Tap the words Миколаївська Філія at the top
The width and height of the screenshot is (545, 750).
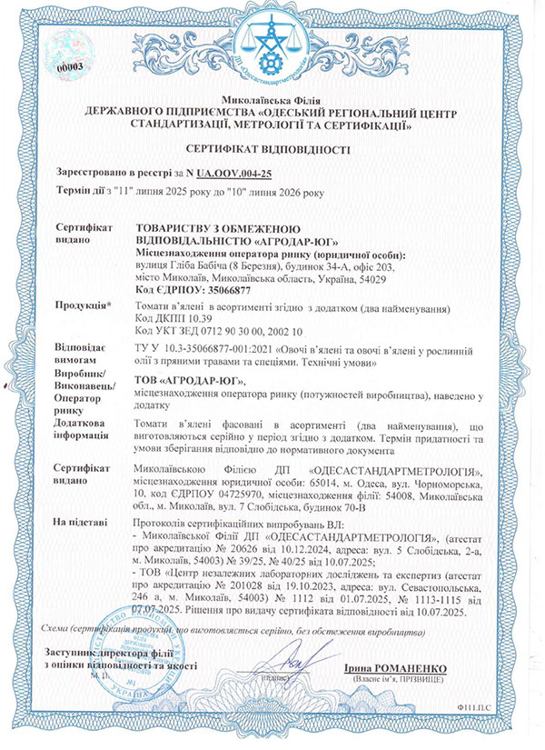pyautogui.click(x=272, y=96)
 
